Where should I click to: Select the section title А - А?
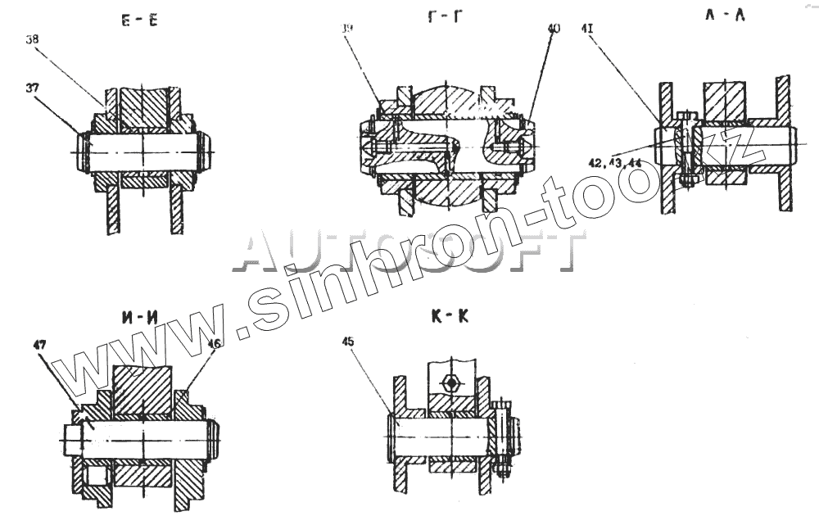tap(724, 14)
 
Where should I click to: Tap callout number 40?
tap(554, 29)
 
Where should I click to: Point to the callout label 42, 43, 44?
tap(613, 162)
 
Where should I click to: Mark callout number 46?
tap(214, 345)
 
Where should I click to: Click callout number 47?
tap(38, 345)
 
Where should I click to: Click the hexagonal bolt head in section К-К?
tap(450, 382)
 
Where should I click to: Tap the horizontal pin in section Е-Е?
tap(143, 153)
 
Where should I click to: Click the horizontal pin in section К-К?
tap(442, 435)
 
